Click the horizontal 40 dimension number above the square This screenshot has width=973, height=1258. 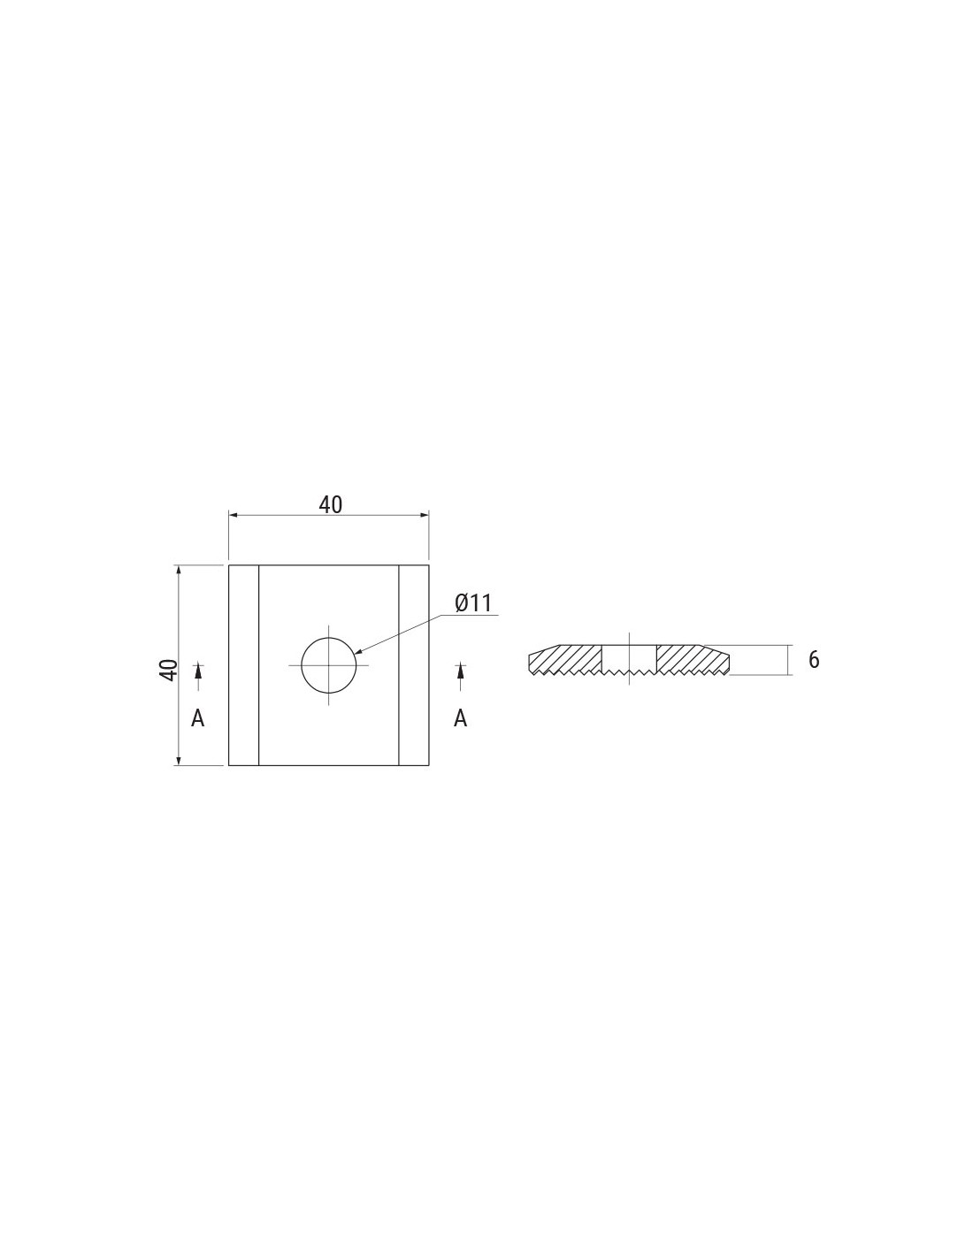coord(331,504)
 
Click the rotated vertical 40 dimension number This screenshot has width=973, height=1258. coord(169,669)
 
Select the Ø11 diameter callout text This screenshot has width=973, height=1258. coord(473,603)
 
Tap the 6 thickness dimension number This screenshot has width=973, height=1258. coord(813,660)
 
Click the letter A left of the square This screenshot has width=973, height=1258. coord(197,718)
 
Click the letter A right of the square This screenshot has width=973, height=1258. coord(460,718)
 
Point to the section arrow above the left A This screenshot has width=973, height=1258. coord(198,676)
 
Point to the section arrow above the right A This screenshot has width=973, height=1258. coord(460,676)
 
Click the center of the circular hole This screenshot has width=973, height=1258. coord(329,665)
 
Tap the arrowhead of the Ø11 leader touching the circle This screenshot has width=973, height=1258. coord(357,652)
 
